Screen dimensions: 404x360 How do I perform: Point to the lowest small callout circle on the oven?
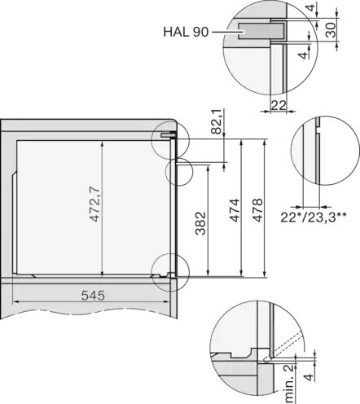168,268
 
